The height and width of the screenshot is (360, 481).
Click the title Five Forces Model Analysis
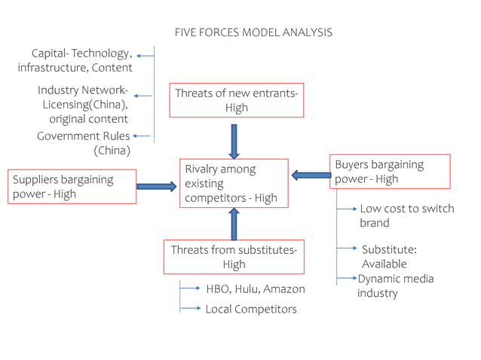[x=253, y=32]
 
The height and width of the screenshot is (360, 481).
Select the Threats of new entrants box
[x=236, y=100]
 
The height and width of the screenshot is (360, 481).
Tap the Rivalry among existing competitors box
[x=233, y=184]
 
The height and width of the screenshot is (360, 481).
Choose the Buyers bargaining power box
[x=389, y=172]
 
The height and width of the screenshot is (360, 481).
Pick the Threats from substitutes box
[x=234, y=257]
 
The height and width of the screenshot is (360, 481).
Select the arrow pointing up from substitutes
[x=234, y=224]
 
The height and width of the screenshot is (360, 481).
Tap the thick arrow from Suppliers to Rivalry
[x=157, y=185]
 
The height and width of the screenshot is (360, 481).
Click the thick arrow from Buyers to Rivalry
[x=310, y=175]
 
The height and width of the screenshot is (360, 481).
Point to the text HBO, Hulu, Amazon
[x=255, y=289]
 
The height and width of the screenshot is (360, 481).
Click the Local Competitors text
[x=251, y=309]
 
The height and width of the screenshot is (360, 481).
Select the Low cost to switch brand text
[x=406, y=215]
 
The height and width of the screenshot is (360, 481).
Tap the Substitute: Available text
[x=389, y=256]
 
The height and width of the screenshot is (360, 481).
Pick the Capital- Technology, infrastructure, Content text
[x=75, y=60]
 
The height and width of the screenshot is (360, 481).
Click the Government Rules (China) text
[x=84, y=143]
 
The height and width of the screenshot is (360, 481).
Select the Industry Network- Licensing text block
[x=83, y=104]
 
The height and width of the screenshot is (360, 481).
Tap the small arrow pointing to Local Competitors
[x=191, y=309]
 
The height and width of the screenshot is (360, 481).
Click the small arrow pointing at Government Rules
[x=142, y=136]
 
